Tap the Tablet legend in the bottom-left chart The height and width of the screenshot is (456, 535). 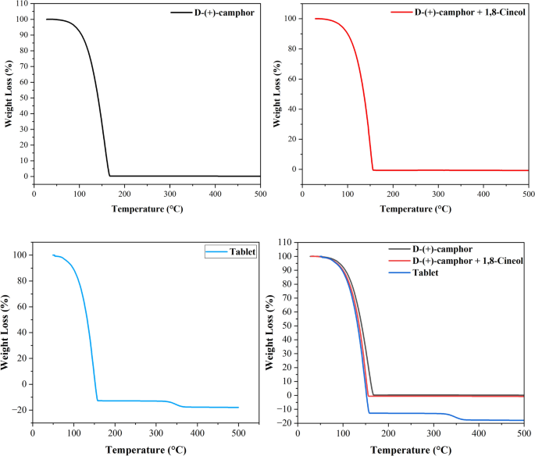[x=242, y=252]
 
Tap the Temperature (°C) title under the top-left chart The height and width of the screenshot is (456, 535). [x=146, y=209]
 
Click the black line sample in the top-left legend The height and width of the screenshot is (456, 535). [x=181, y=13]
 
